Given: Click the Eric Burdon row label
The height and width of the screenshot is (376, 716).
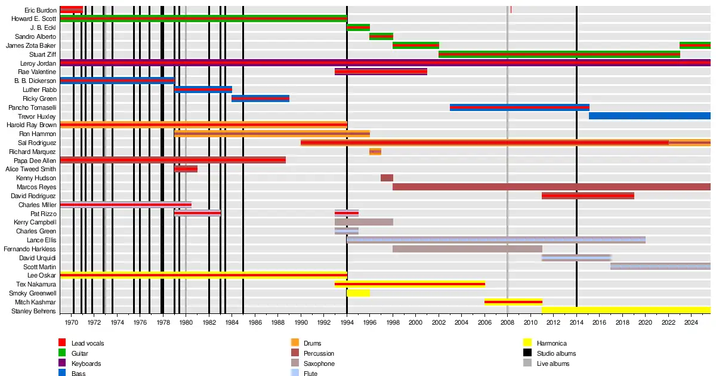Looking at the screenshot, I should point(41,10).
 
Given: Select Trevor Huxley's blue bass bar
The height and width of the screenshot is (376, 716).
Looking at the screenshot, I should point(649,116).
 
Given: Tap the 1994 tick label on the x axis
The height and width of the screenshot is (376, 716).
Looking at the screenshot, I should point(347,322).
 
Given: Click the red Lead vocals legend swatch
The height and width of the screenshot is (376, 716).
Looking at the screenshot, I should point(61,343).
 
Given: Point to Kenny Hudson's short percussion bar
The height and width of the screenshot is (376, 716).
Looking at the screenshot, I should point(387,178).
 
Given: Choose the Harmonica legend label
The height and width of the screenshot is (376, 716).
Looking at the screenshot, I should point(551,343).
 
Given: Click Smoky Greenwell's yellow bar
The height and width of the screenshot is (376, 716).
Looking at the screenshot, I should point(358,293).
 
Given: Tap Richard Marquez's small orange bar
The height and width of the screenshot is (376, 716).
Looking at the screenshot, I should point(375,152).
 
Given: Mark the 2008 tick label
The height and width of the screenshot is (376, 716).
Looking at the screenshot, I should point(508,322).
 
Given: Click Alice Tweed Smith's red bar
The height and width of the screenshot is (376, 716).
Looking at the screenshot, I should point(186,169).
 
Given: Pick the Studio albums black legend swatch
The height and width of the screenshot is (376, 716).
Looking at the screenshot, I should point(527,353).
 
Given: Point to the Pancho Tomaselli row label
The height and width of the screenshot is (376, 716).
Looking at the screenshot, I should point(32,107).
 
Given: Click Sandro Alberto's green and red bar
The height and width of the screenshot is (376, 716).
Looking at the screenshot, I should point(381,36).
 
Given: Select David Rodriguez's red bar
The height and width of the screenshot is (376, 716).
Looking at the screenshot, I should point(588,196).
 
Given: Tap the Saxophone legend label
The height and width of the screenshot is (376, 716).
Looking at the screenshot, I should point(319,363).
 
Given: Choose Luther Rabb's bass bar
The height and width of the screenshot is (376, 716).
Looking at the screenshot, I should point(203,90).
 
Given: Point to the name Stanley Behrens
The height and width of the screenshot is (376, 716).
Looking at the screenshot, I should point(34,311).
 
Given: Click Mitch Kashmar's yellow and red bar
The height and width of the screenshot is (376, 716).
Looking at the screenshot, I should point(513,302).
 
